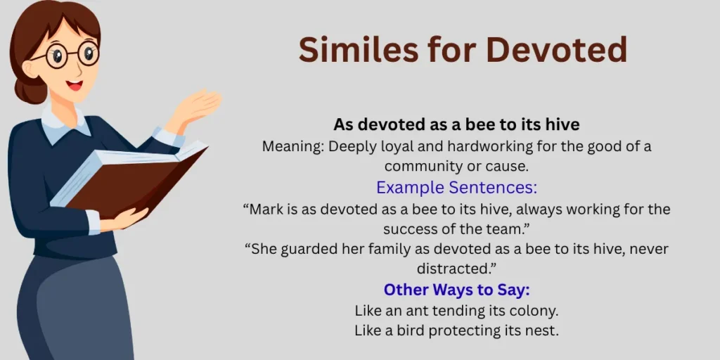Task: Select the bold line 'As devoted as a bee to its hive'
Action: [x=456, y=124]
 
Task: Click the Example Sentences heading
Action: [x=456, y=188]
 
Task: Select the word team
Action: [x=511, y=229]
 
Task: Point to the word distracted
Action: [x=456, y=269]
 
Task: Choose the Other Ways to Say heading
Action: [x=456, y=290]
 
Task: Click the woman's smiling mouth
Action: [x=75, y=85]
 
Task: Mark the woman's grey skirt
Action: [x=70, y=309]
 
